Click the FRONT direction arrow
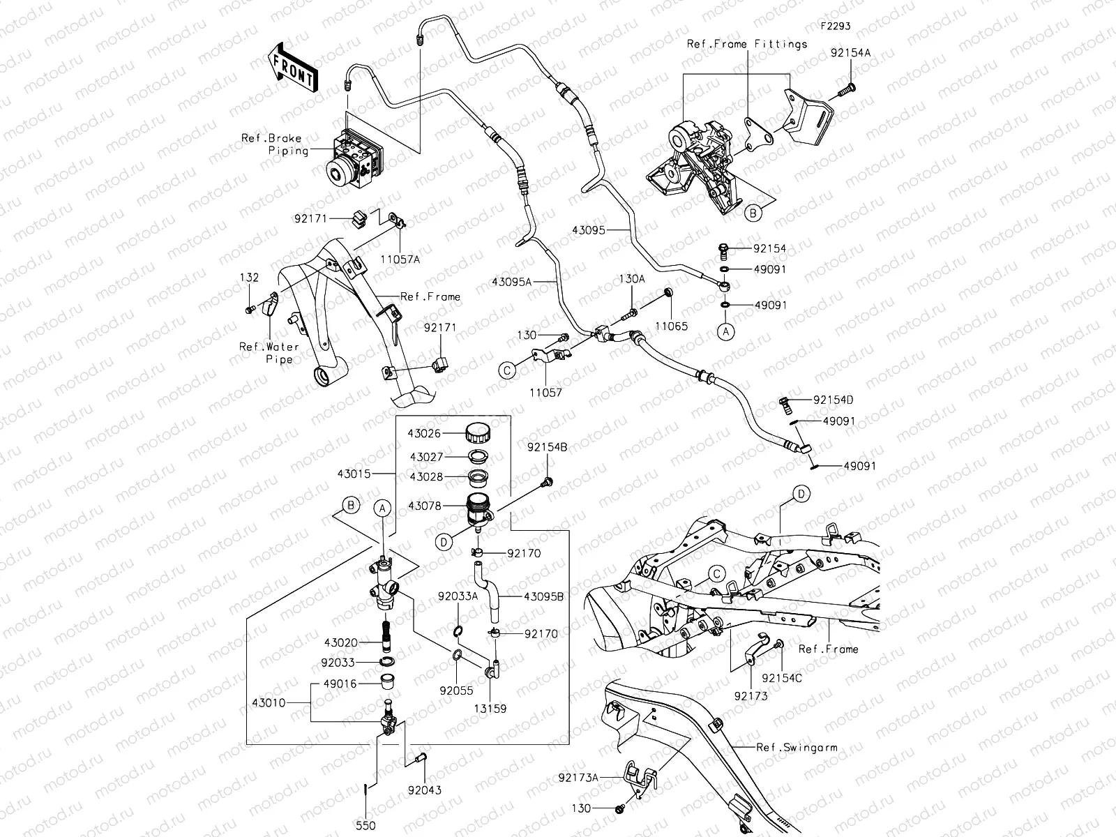[292, 68]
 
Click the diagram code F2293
[835, 26]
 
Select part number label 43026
[424, 433]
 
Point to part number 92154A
[850, 53]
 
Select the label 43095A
[512, 282]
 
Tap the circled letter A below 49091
[725, 332]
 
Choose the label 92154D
[833, 400]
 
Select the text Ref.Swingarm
[797, 747]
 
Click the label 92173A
[578, 776]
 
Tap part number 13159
[490, 709]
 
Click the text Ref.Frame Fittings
[747, 43]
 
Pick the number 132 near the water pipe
[250, 278]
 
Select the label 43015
[354, 474]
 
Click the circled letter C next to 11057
[508, 370]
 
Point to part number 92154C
[783, 678]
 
